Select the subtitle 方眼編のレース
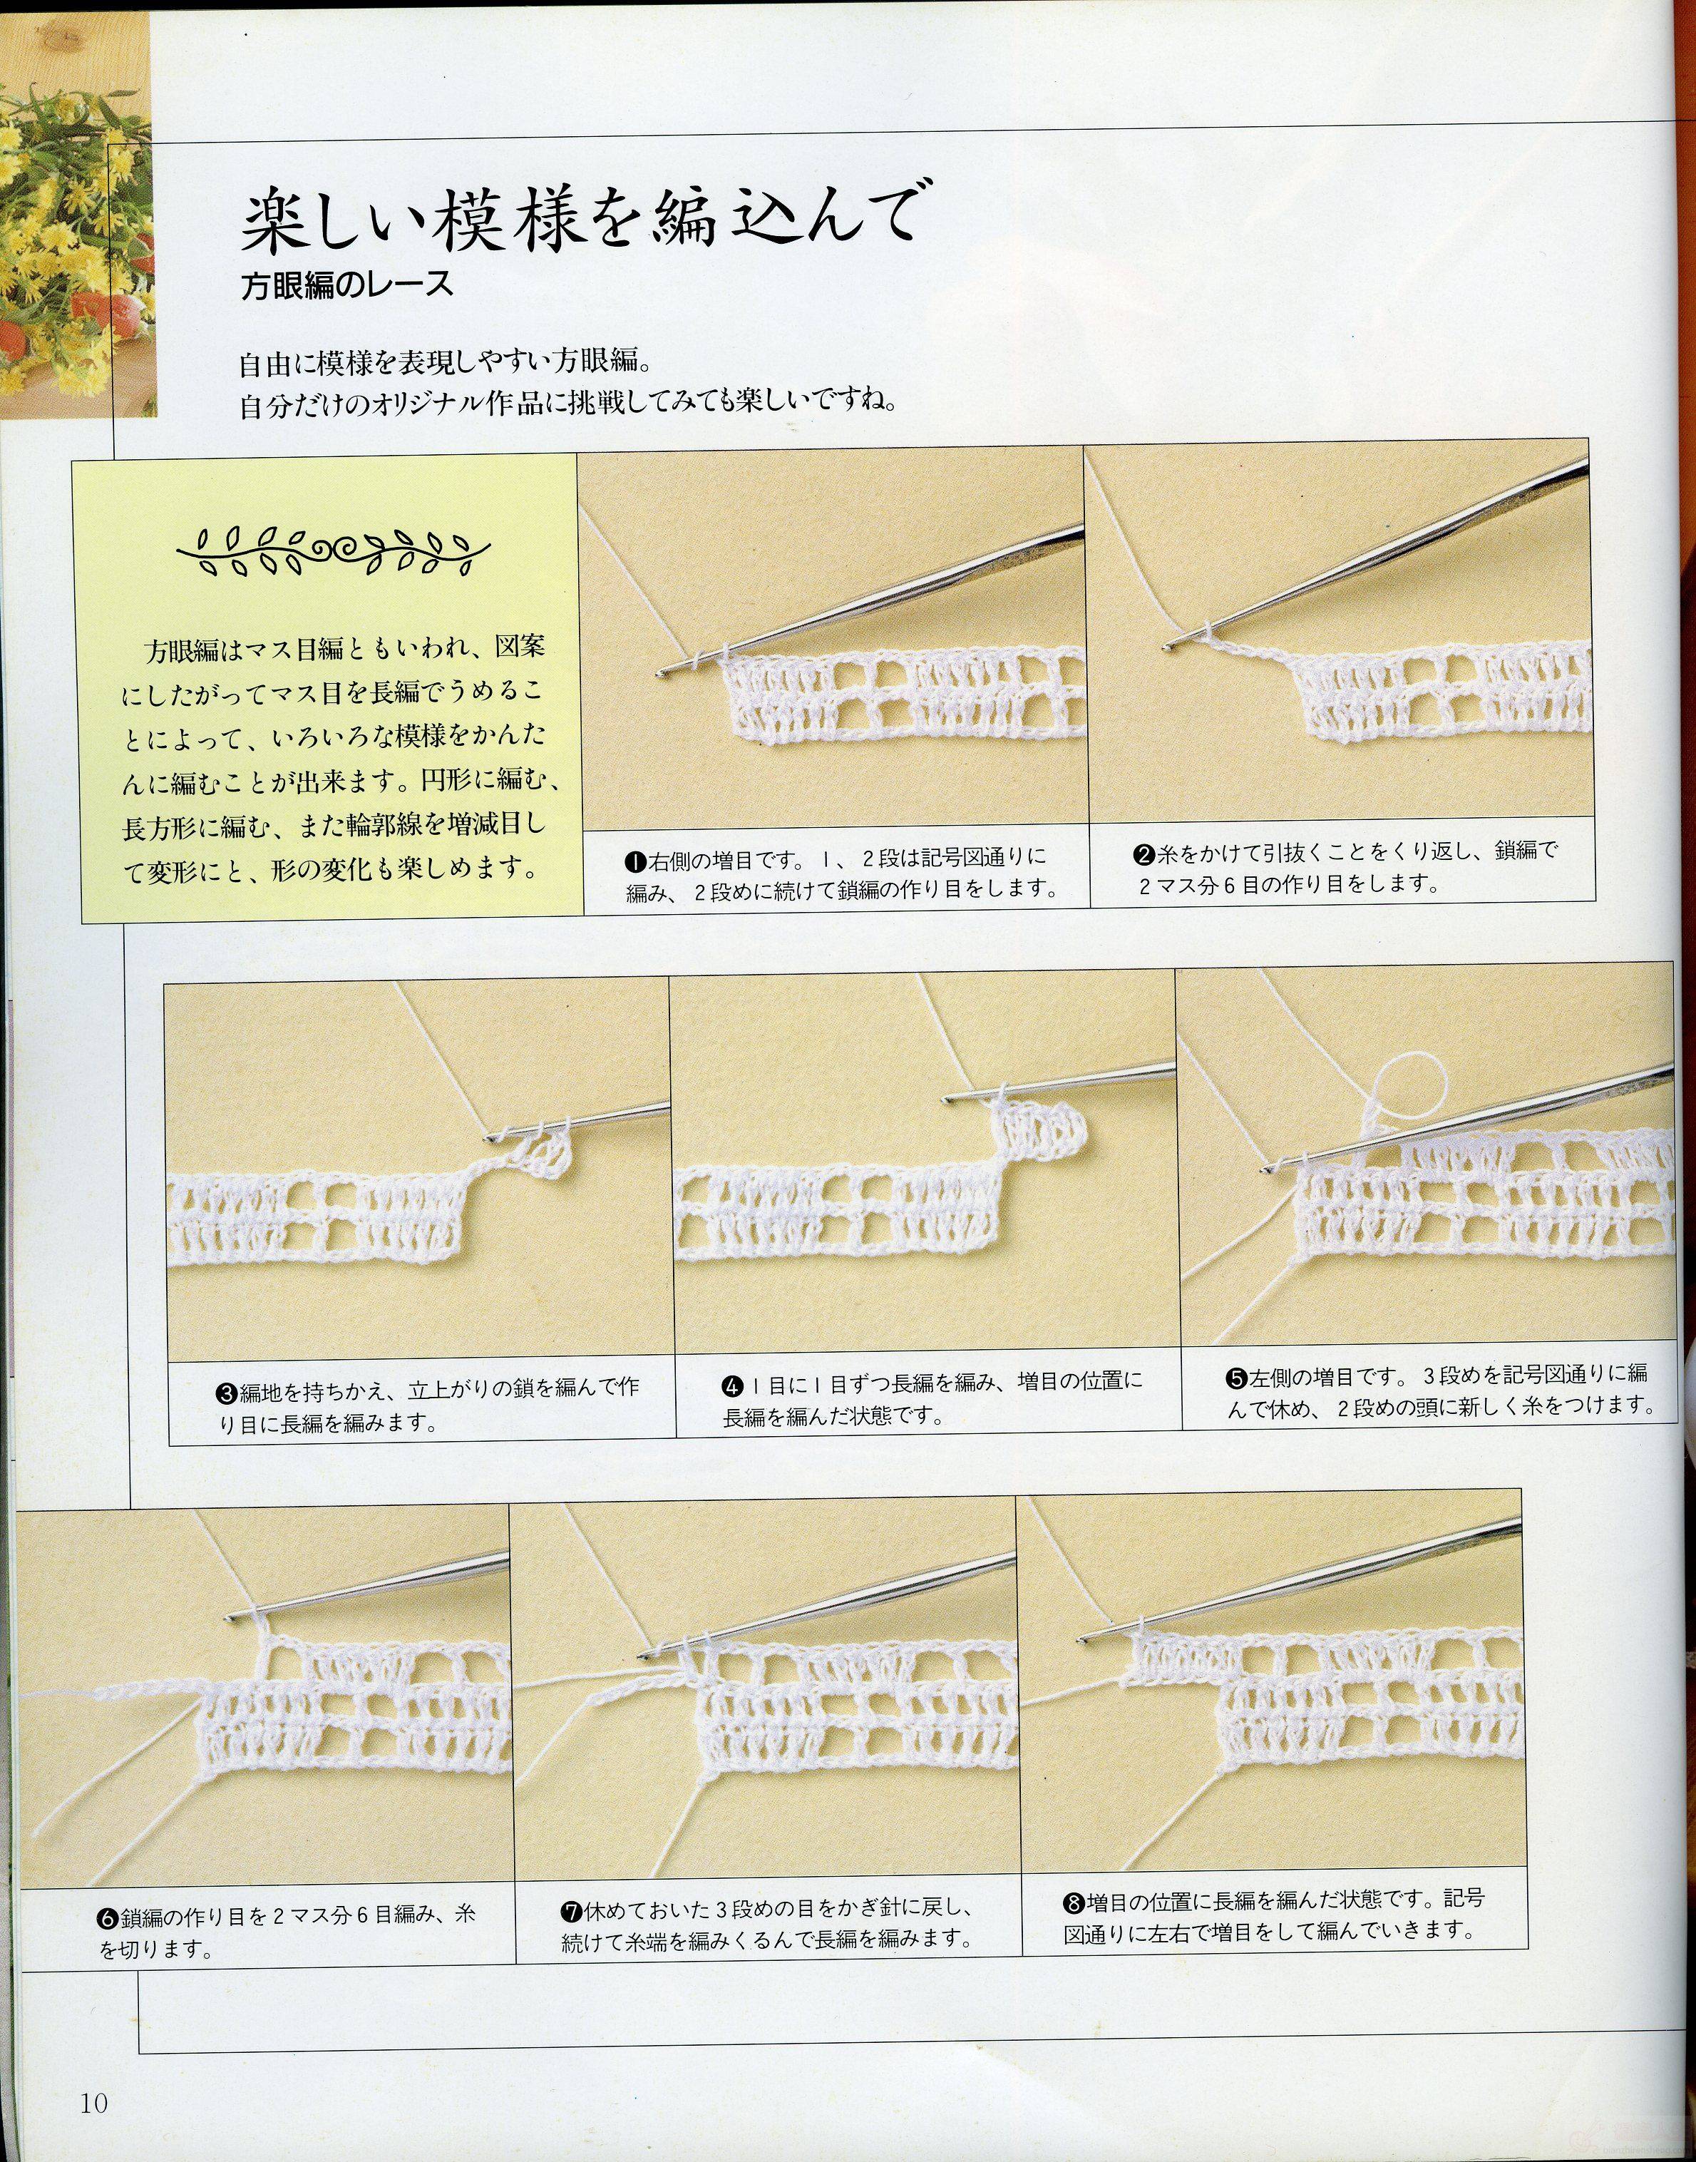(x=348, y=285)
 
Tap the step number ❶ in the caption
(x=635, y=857)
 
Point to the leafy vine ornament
(x=333, y=549)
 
